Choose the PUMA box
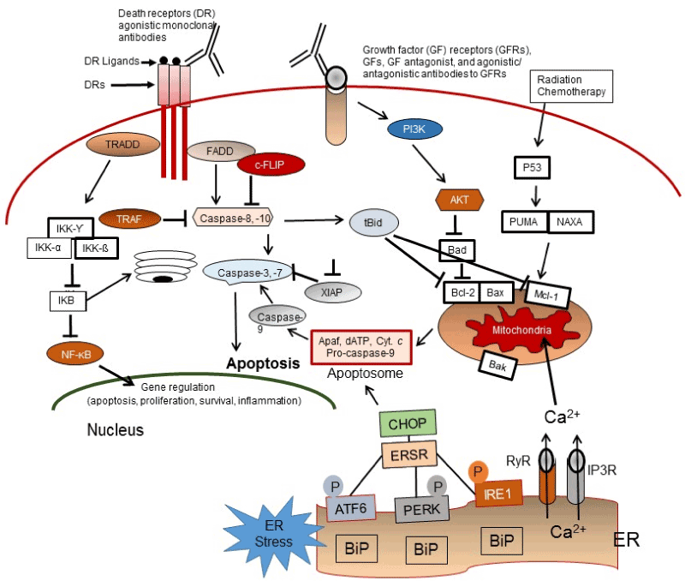coord(525,221)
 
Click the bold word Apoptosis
coord(261,363)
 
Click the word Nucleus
coord(115,428)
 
